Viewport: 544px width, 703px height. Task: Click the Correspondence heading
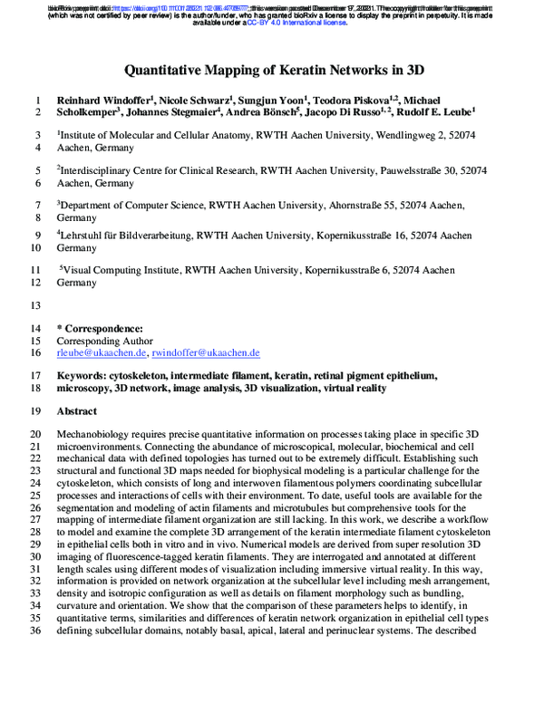(100, 327)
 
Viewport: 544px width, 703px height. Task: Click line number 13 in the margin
(36, 305)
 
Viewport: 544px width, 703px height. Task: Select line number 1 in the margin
(39, 100)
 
